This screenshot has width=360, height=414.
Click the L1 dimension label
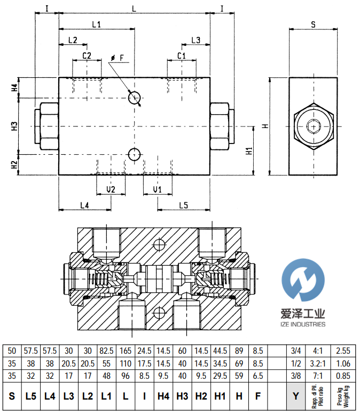click(x=97, y=24)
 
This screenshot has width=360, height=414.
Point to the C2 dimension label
click(x=87, y=55)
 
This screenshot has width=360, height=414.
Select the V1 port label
click(x=157, y=189)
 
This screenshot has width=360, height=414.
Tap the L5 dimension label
click(x=183, y=205)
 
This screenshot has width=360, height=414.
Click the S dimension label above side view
click(x=313, y=24)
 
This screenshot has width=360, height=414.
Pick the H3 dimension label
click(x=15, y=126)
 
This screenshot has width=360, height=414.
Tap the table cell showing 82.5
click(x=106, y=351)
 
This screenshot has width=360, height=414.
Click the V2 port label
click(x=111, y=189)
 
